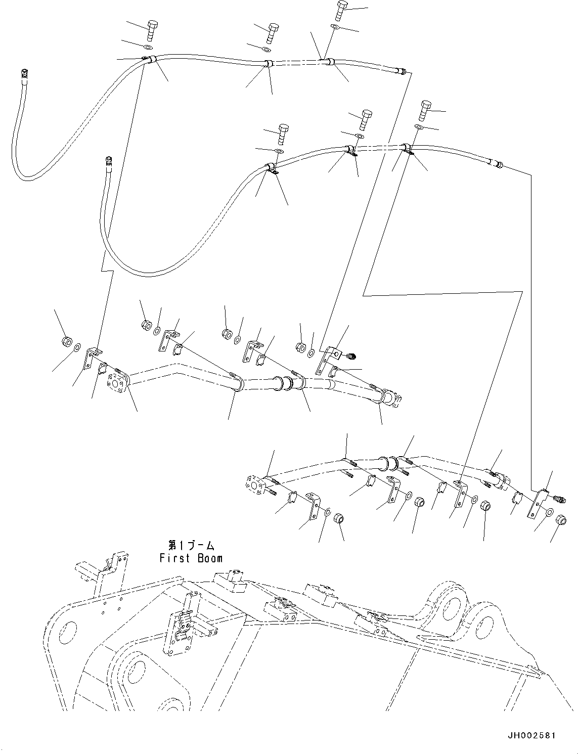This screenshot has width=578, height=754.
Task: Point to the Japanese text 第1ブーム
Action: [x=191, y=546]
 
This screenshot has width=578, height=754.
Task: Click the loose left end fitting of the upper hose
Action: [x=24, y=74]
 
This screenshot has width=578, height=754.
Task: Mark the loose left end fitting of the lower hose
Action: [x=107, y=161]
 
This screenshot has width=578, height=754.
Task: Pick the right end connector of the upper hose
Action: [x=402, y=72]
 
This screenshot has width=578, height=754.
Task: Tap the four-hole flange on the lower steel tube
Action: [x=255, y=484]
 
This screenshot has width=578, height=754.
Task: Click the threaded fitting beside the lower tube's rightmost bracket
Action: [x=558, y=499]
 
